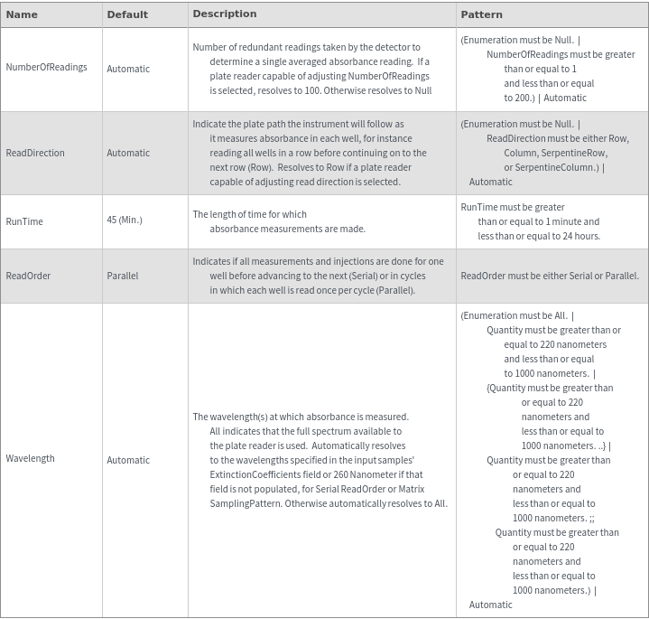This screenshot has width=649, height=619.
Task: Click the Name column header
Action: (22, 14)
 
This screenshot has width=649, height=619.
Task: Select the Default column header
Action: (127, 14)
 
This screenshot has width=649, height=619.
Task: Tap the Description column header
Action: (224, 14)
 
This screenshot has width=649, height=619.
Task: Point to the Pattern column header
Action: (481, 14)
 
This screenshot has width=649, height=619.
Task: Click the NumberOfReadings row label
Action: (46, 69)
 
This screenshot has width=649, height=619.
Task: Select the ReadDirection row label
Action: (35, 153)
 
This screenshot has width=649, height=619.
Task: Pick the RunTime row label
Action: (24, 220)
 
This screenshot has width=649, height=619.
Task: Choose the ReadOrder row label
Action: (28, 276)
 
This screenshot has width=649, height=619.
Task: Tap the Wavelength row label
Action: (30, 459)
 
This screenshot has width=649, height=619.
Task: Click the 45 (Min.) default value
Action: (125, 220)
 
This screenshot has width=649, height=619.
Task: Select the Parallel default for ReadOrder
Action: (123, 276)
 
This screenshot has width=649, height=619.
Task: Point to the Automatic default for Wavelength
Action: (128, 460)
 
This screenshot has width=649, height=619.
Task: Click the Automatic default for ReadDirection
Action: (128, 153)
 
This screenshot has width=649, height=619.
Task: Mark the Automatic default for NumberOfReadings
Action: (128, 69)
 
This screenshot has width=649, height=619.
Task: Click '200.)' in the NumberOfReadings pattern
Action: (519, 98)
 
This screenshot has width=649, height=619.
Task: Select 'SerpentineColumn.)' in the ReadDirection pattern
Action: (552, 167)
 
